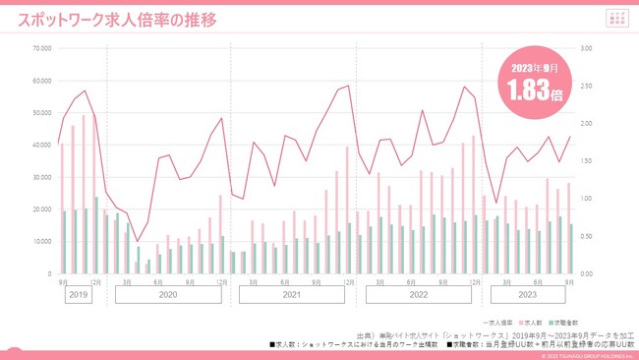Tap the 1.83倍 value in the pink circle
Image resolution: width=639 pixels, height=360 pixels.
click(535, 93)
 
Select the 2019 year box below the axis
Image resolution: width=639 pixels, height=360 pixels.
click(80, 294)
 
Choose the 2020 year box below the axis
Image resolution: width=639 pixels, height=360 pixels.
click(167, 294)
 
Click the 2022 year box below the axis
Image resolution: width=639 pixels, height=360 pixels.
click(418, 294)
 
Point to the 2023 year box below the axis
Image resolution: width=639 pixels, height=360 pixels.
click(529, 294)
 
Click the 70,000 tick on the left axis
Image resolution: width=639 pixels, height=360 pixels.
click(41, 48)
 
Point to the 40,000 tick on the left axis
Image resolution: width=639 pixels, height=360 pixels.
click(41, 145)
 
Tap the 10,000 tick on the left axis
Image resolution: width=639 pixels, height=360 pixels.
click(41, 241)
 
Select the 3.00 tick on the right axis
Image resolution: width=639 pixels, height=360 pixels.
click(587, 48)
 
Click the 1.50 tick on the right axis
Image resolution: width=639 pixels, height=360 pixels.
click(587, 160)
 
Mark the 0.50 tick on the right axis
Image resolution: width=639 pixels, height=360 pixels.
click(587, 236)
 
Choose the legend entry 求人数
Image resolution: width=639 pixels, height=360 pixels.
click(532, 322)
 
